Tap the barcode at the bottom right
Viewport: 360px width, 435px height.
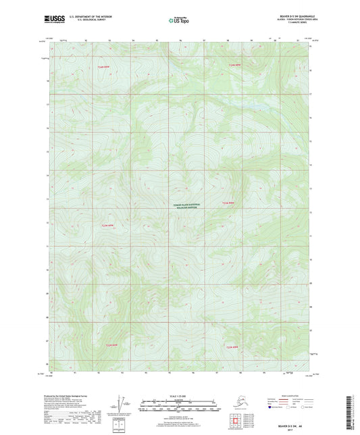pyautogui.click(x=351, y=412)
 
